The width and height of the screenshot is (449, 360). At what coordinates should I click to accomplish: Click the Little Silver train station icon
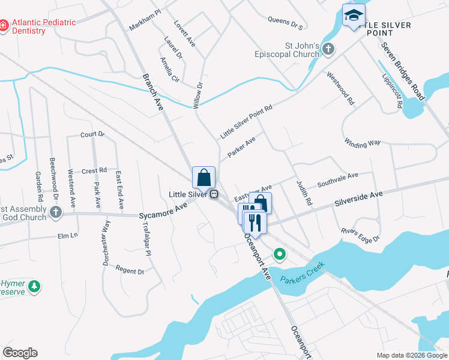tap(213, 194)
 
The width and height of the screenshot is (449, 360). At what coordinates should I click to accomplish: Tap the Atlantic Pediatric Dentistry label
tap(41, 26)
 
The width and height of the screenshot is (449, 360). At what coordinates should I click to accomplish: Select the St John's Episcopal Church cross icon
tap(328, 49)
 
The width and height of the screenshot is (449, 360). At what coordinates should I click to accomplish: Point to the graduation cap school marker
tap(354, 14)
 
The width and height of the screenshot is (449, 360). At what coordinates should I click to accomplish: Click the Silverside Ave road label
tap(358, 197)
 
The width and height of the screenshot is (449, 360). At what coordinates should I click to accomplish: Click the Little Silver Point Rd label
tap(246, 122)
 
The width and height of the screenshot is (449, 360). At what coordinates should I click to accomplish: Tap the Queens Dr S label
tap(285, 23)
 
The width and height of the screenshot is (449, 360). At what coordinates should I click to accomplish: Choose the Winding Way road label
tap(363, 143)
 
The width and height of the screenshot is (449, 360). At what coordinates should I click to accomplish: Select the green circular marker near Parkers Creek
tap(279, 254)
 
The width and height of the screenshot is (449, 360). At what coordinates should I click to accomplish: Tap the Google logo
tap(20, 353)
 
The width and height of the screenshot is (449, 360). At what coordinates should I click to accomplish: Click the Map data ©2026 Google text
tap(411, 355)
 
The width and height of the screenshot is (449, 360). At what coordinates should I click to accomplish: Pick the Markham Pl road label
tap(145, 20)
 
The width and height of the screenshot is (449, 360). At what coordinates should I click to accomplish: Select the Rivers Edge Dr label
tap(361, 235)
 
